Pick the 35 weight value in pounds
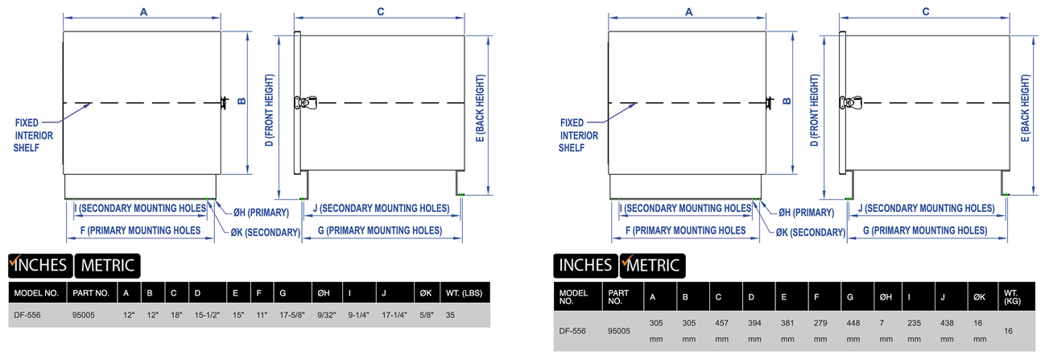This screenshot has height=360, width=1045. click(x=450, y=315)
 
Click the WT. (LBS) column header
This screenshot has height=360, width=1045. click(x=463, y=293)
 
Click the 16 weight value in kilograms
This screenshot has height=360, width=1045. click(x=1010, y=330)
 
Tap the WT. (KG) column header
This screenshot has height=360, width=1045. click(x=1011, y=297)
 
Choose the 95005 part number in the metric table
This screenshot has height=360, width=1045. click(x=619, y=330)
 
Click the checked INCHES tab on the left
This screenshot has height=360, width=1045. click(x=39, y=265)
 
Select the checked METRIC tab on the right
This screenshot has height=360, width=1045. click(x=652, y=264)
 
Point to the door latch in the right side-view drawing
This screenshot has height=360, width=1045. click(x=851, y=102)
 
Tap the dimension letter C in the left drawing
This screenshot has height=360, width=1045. click(x=380, y=10)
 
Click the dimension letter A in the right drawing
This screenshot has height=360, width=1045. click(x=688, y=11)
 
